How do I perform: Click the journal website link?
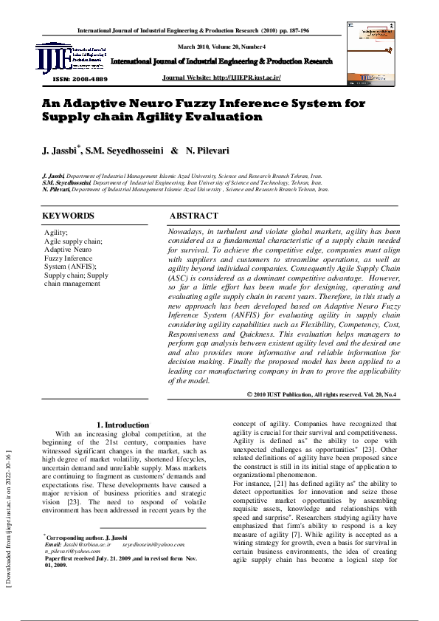pyautogui.click(x=221, y=78)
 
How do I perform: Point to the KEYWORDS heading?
pyautogui.click(x=68, y=216)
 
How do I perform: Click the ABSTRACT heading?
pyautogui.click(x=194, y=216)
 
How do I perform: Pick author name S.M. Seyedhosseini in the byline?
pyautogui.click(x=125, y=151)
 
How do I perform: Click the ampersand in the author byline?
pyautogui.click(x=174, y=151)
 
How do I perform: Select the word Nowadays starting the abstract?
pyautogui.click(x=188, y=231)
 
